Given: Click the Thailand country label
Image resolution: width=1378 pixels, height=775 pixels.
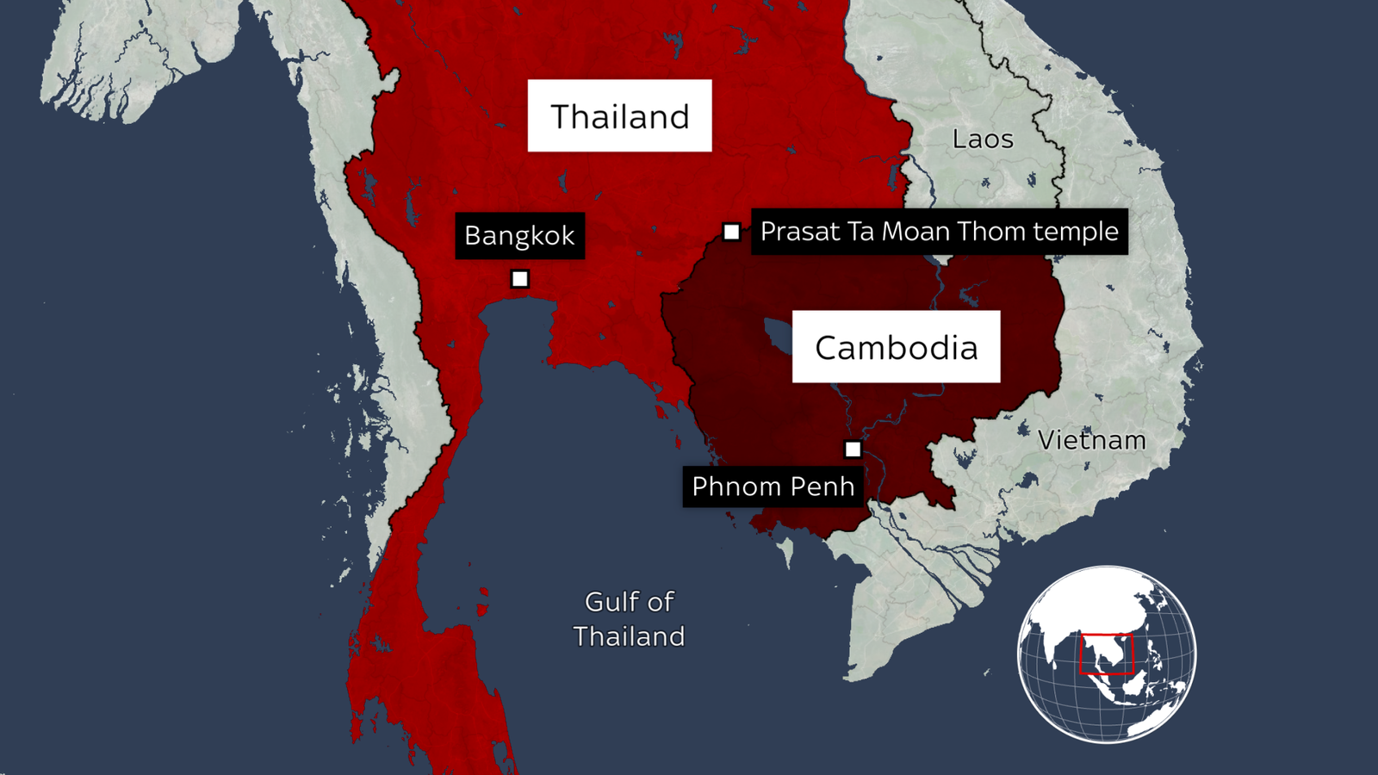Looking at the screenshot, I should (619, 116).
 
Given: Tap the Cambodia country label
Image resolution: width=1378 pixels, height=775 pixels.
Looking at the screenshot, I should (896, 347).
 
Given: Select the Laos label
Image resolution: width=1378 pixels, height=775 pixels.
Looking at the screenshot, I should (983, 139).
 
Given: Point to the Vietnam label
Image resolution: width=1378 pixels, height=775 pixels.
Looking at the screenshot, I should (1091, 440).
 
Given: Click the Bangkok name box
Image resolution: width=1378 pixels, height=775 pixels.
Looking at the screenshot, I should (519, 235).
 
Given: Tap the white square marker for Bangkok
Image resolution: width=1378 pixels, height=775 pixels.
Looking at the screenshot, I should (519, 279).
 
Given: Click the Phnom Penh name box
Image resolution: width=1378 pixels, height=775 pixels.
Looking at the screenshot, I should (773, 487).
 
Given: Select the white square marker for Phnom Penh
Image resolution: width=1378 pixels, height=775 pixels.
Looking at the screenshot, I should (853, 449).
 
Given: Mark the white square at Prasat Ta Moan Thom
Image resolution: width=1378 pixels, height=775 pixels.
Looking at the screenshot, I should (731, 232).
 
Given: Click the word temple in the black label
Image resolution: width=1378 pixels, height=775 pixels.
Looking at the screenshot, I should (1076, 232).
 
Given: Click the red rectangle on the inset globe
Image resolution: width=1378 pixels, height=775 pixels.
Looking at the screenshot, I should (1107, 654).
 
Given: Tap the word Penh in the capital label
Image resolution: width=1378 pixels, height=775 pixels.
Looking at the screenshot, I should (822, 487).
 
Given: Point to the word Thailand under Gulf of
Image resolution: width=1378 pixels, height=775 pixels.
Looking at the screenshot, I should (629, 636).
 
